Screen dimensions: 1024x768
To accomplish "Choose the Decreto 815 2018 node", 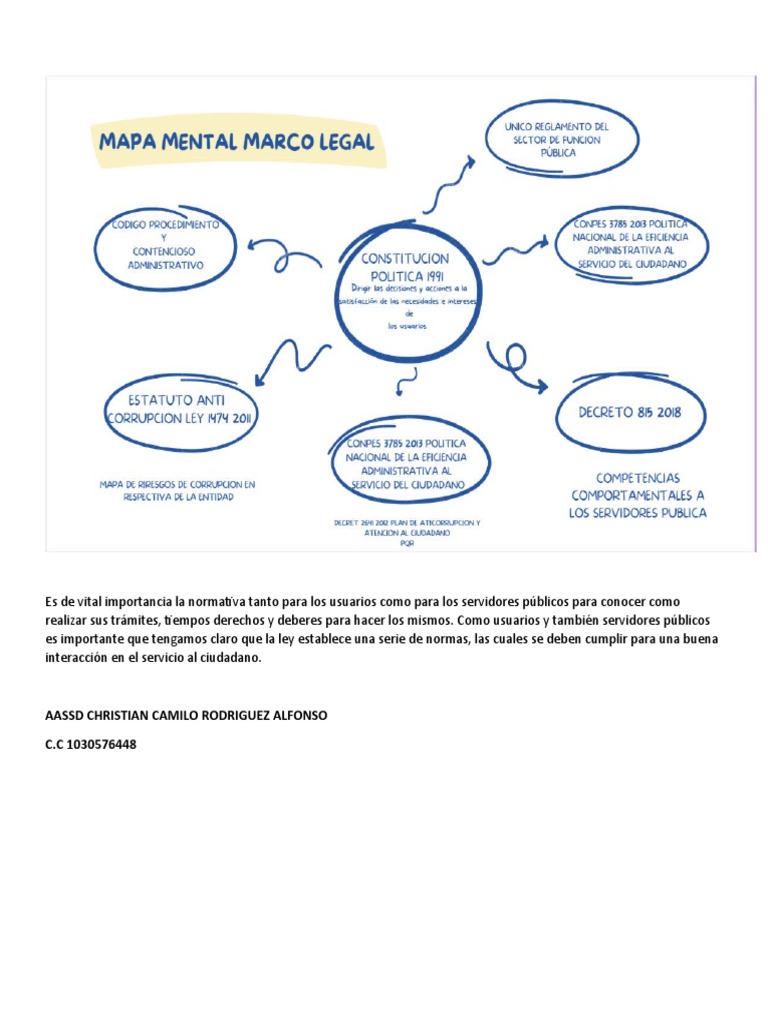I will [629, 411].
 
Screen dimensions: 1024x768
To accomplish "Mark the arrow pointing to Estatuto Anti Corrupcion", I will [292, 360].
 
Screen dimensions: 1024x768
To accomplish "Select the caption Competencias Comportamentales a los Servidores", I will [638, 496].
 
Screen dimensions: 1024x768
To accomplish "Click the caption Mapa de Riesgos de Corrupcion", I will [177, 489].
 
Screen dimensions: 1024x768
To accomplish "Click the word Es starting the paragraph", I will [52, 602].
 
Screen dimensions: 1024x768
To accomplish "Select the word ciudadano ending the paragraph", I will [230, 658].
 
